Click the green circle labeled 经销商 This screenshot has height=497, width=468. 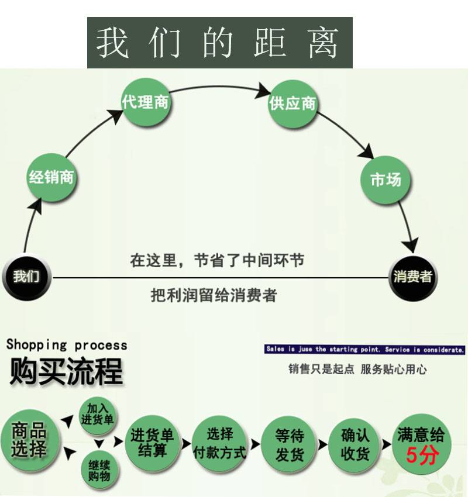click(x=52, y=177)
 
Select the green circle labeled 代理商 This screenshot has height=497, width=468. click(x=145, y=102)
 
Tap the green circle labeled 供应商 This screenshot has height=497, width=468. click(x=292, y=104)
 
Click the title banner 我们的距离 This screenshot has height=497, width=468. click(x=219, y=43)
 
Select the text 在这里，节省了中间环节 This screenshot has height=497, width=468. click(x=217, y=260)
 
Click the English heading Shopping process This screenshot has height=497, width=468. click(x=67, y=344)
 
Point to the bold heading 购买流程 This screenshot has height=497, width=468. click(x=67, y=371)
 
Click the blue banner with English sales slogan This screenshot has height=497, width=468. click(x=365, y=350)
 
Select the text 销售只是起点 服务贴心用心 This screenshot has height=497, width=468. click(x=357, y=370)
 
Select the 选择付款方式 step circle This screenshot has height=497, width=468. click(x=220, y=444)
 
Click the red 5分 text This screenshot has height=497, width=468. click(x=421, y=455)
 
